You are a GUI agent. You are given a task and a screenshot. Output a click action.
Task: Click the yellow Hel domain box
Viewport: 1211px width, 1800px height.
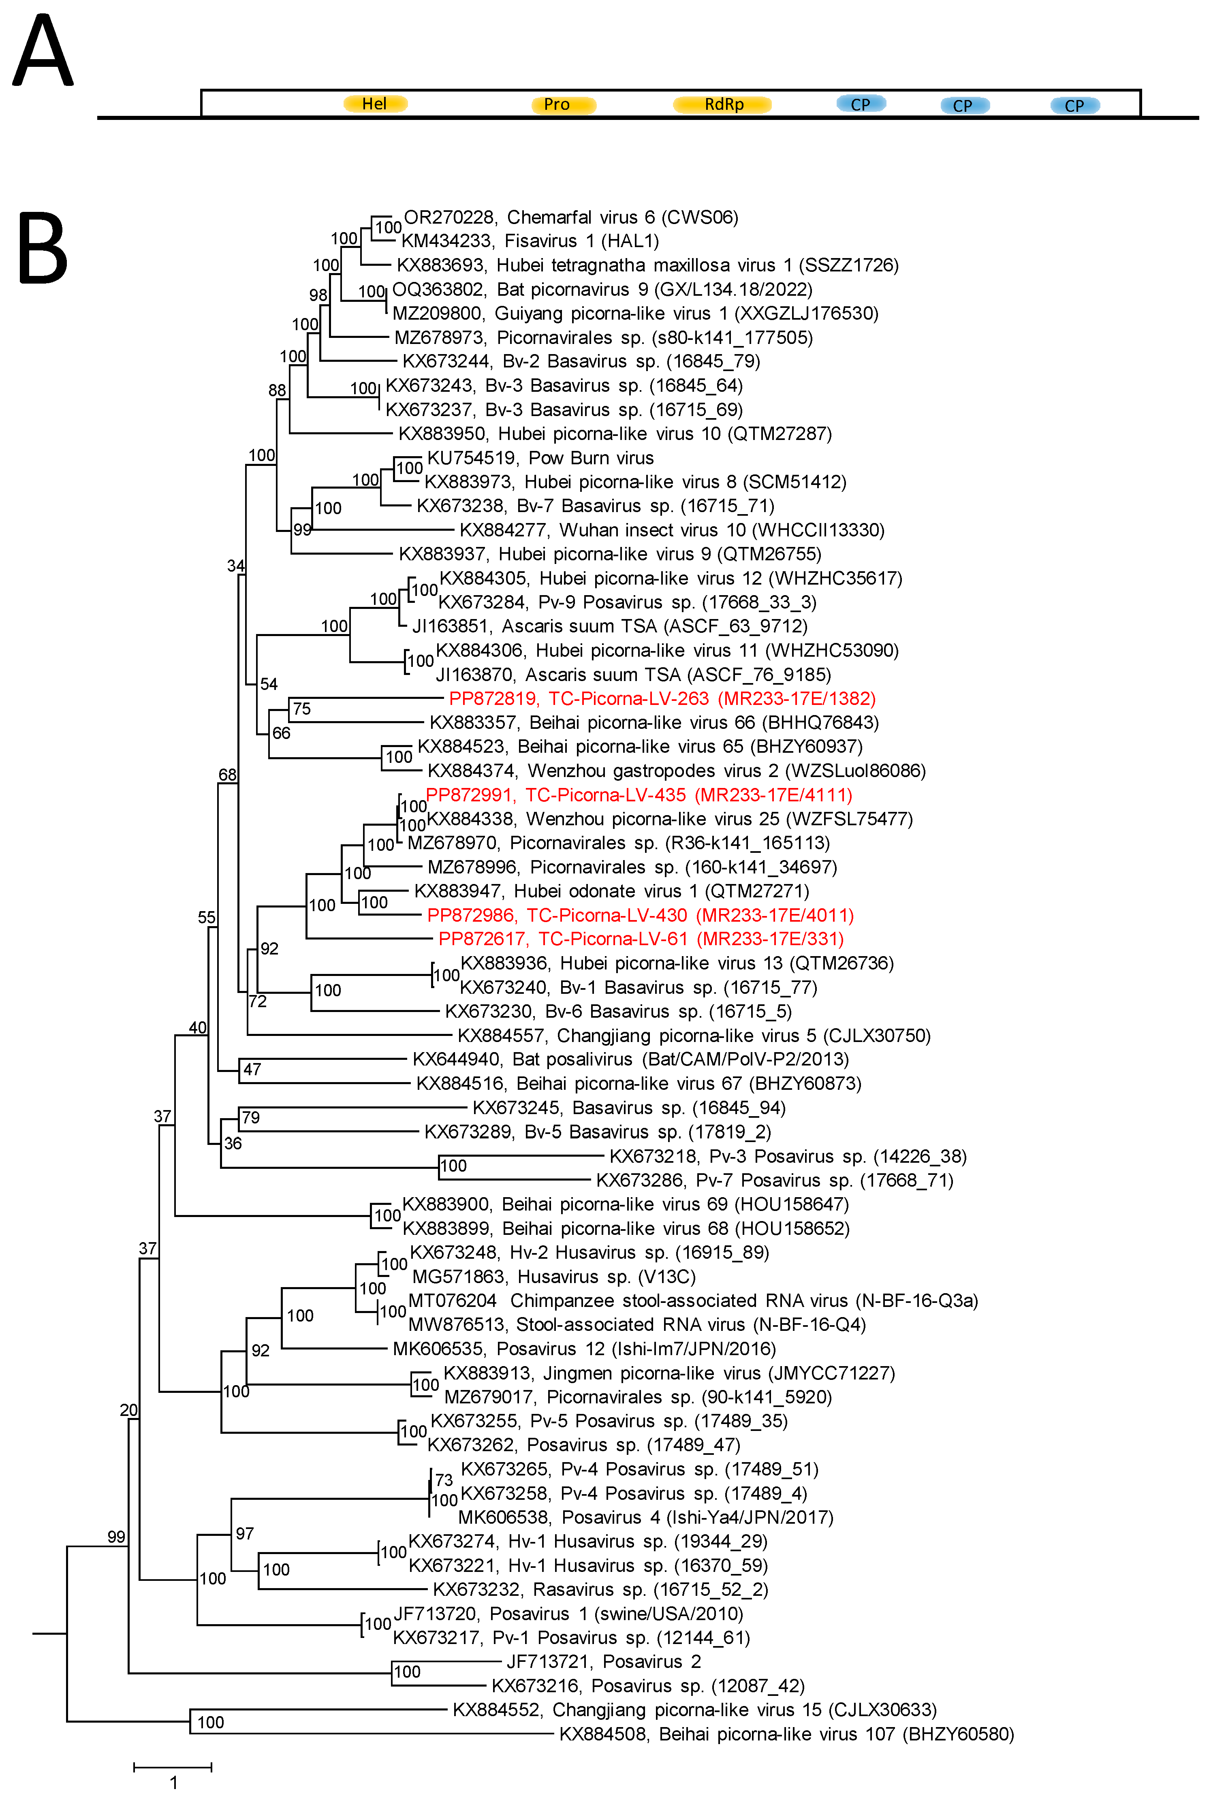(375, 103)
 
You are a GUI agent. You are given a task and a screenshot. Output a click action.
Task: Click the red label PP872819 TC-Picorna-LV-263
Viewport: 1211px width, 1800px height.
(662, 699)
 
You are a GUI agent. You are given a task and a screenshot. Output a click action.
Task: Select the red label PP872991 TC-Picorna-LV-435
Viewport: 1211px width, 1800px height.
(639, 794)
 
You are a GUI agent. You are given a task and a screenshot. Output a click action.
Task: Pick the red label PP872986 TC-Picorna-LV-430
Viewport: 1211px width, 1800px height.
(640, 915)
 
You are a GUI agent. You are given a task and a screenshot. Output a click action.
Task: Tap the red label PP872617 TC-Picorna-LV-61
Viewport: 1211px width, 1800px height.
(641, 939)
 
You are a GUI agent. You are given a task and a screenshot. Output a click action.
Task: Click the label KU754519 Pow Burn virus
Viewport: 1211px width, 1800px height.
(540, 458)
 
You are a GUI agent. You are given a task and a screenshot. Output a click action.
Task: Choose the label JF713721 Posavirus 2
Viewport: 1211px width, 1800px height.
(603, 1661)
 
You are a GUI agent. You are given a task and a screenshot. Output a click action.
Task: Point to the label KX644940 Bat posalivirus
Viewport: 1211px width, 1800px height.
(630, 1059)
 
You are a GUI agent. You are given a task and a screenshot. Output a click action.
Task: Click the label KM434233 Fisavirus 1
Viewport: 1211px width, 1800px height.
(530, 241)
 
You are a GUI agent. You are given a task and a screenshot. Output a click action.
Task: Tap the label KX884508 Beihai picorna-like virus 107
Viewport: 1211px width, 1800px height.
(786, 1734)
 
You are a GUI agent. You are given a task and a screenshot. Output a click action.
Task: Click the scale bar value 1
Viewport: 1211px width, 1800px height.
(174, 1782)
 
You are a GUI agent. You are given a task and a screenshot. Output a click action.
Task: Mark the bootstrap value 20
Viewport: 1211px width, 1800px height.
(128, 1410)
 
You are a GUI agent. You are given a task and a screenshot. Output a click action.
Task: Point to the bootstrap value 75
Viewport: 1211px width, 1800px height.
(301, 709)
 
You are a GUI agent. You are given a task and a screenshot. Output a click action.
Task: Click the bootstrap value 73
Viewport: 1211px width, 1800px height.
(443, 1480)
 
